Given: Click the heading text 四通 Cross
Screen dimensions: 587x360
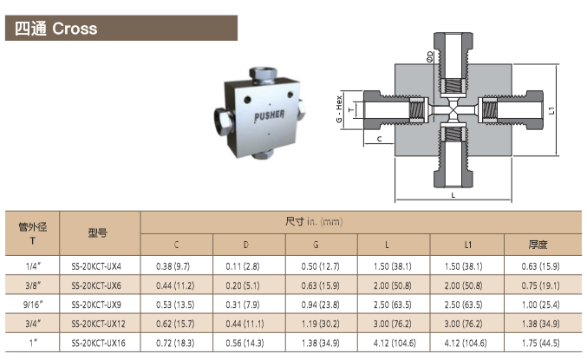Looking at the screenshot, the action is (56, 29).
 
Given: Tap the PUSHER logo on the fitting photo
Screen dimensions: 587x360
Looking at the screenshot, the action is (269, 115).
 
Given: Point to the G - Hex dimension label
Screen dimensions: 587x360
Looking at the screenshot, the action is (339, 109).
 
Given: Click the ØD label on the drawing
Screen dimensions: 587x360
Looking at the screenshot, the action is (429, 56).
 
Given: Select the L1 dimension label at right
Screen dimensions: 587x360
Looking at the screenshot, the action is (551, 110).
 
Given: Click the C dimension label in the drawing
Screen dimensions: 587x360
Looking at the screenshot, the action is (379, 139).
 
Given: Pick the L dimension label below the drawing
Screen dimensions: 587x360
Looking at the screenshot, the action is (453, 195).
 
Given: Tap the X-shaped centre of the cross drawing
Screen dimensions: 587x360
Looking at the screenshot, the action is (453, 110).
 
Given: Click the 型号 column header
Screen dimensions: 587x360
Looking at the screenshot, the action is (98, 233).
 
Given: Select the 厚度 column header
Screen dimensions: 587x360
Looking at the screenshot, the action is (538, 245).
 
